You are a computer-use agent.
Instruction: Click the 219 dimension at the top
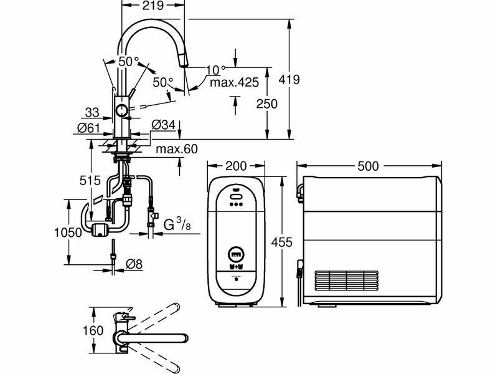pos(153,5)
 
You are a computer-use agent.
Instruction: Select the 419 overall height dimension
pos(289,80)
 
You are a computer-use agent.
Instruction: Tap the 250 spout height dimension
pos(267,103)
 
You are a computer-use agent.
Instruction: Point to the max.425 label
pos(235,82)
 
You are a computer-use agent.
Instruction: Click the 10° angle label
pos(215,69)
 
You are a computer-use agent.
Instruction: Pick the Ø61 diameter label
pos(88,128)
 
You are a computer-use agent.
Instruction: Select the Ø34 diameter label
pos(164,125)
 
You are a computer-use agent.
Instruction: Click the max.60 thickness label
pos(177,149)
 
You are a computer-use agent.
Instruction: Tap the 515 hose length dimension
pos(90,181)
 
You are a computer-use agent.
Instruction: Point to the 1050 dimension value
pos(68,233)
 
